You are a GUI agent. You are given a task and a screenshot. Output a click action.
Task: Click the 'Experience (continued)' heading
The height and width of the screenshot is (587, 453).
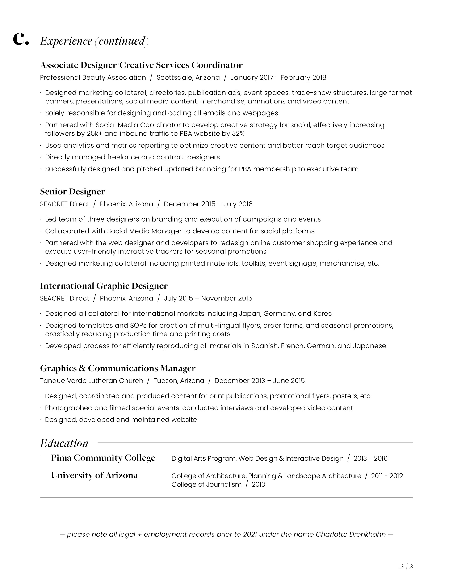(x=94, y=41)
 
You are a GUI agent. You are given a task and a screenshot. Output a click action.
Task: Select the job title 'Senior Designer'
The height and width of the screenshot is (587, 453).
(x=72, y=192)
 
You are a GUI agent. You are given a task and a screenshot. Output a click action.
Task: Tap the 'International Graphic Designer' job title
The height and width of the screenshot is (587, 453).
(x=104, y=286)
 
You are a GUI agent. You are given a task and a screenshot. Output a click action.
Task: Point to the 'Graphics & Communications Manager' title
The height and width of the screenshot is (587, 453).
(x=117, y=368)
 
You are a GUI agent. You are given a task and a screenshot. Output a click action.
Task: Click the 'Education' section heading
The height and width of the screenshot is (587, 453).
(x=64, y=443)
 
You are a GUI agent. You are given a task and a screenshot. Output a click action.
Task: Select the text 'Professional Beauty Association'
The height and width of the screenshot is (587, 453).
(x=93, y=77)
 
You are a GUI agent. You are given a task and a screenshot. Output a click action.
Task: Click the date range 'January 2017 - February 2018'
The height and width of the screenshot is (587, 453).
(x=278, y=77)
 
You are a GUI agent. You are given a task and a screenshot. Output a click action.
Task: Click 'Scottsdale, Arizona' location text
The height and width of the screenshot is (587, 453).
(x=188, y=77)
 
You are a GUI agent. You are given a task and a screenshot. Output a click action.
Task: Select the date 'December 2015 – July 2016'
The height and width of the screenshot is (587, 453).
(x=208, y=204)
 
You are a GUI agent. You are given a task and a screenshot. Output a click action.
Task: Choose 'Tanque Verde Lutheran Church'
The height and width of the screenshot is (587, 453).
(x=91, y=381)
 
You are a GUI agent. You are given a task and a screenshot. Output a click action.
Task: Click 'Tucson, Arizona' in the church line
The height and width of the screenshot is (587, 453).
(x=179, y=381)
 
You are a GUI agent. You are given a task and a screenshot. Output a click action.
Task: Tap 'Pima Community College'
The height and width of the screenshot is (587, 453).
(x=103, y=458)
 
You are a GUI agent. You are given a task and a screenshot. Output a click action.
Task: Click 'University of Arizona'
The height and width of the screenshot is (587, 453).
(x=94, y=476)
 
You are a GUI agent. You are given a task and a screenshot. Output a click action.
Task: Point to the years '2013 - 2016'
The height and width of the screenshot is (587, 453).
(x=370, y=458)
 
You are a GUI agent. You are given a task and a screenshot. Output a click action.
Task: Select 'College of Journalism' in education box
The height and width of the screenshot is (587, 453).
(x=206, y=484)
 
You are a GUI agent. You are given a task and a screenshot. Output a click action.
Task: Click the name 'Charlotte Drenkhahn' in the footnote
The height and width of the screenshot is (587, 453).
(x=351, y=534)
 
